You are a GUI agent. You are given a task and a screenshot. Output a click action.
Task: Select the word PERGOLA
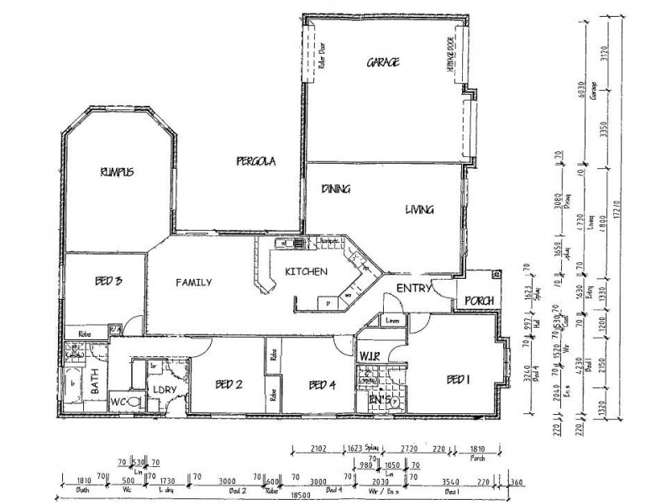[x=256, y=160]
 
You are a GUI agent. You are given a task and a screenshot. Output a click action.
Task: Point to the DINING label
[x=335, y=190]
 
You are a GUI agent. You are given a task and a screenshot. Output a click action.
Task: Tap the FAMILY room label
[x=193, y=282]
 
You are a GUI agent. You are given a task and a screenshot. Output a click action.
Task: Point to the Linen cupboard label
[x=391, y=321]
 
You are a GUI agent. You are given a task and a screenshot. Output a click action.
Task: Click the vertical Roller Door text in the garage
[x=322, y=55]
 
